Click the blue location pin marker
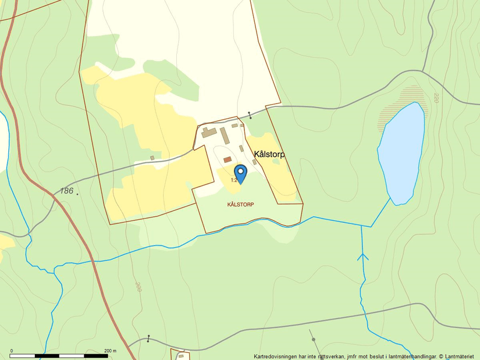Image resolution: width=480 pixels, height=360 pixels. point(240,173)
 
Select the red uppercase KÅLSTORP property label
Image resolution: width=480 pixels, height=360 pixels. point(241,205)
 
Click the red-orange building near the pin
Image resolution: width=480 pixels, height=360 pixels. point(227,159)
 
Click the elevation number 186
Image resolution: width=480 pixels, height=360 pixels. point(66,191)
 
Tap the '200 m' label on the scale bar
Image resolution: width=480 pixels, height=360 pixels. point(110,351)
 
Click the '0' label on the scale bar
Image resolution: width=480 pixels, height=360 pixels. point(12,351)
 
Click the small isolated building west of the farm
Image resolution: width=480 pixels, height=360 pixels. point(152,158)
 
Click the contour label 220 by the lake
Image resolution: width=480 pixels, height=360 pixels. point(435,98)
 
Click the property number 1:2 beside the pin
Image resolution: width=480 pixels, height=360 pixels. point(234,180)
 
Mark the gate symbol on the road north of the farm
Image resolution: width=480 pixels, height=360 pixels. point(250,115)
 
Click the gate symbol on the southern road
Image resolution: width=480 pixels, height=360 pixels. point(148,338)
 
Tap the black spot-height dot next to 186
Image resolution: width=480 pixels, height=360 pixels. point(77,194)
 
